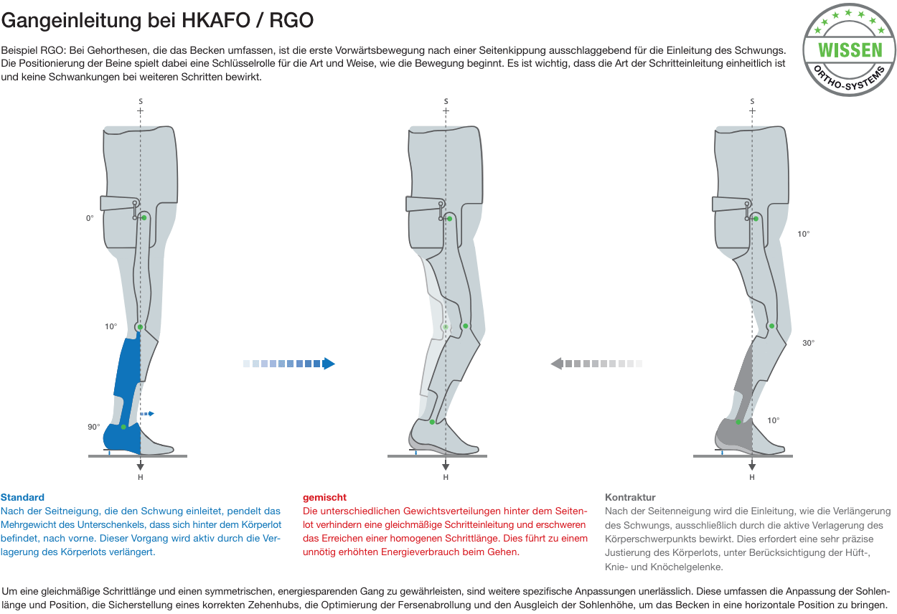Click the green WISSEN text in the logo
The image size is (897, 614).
pos(850,50)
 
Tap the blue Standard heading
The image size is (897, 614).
pos(22,497)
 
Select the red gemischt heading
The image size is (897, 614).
pos(324,498)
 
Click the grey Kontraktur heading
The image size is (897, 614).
pos(630,497)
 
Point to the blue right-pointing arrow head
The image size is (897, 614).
pos(329,364)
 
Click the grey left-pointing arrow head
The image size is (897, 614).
pos(557,364)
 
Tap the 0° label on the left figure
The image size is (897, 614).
pos(90,218)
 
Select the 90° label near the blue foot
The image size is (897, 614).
pos(94,427)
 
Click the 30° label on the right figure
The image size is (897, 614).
pos(808,343)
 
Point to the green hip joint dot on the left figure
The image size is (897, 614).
pos(144,218)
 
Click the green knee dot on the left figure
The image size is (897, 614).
pos(140,327)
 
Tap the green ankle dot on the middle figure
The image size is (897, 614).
pos(432,422)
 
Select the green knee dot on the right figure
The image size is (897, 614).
pos(771,326)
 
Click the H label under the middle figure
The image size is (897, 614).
pos(446,477)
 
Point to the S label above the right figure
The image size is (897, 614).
pos(752,101)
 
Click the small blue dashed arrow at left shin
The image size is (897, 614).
pos(146,413)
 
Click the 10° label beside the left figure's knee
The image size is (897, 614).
pos(111,326)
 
